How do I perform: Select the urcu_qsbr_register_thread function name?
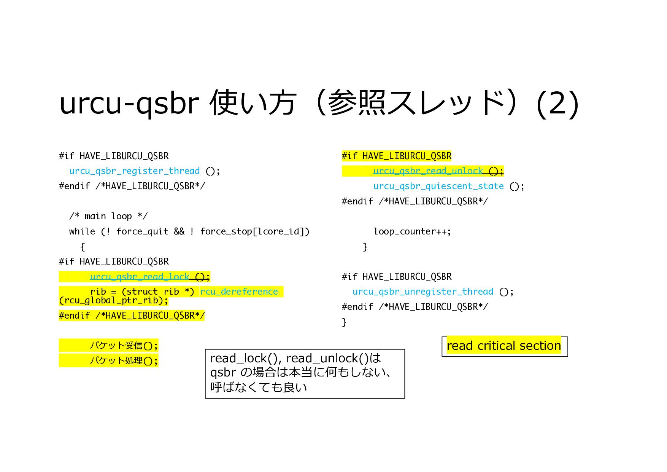[134, 171]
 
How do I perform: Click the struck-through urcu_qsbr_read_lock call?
[140, 277]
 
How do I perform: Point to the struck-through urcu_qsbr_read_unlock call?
[428, 171]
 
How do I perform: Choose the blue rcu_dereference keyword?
[239, 292]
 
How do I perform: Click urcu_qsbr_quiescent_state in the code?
[438, 186]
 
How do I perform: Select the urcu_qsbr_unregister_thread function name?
[422, 292]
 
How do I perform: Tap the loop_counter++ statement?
[412, 231]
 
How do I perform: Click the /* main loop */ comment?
[108, 216]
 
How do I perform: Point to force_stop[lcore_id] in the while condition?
[254, 231]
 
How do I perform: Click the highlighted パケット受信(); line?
[123, 346]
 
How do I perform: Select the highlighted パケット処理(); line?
[123, 360]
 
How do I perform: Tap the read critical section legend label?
[504, 346]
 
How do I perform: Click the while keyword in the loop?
[82, 231]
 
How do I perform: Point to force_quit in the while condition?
[142, 231]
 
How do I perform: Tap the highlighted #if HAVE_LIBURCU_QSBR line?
[396, 156]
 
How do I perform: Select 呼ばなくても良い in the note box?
[259, 387]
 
